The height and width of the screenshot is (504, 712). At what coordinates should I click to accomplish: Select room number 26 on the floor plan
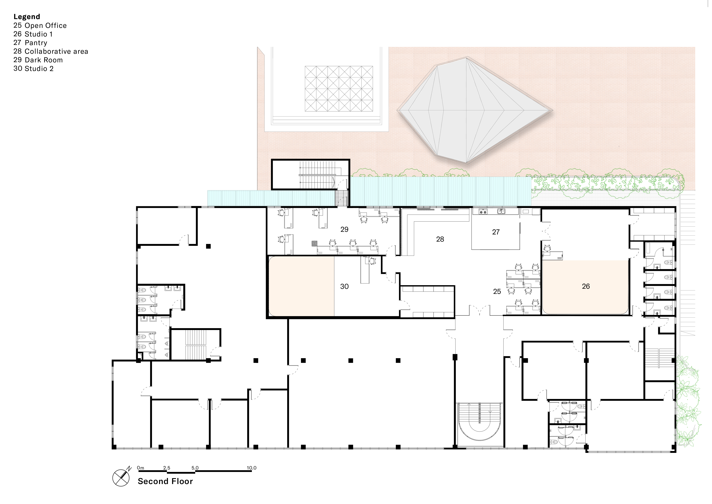586,286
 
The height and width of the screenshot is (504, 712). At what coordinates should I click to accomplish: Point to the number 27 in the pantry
496,232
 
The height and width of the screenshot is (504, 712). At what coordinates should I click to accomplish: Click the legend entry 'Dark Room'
44,60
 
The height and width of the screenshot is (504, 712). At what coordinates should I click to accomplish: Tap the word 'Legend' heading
27,17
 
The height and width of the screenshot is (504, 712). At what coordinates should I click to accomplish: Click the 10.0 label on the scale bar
251,468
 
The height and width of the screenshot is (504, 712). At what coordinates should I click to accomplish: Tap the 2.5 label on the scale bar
166,468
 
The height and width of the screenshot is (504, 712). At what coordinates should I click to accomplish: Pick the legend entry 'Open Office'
46,25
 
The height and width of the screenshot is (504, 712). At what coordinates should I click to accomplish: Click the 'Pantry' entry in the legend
36,43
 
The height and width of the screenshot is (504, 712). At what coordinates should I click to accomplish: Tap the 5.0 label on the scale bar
195,468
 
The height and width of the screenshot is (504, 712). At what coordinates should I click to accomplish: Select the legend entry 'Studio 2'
39,69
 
